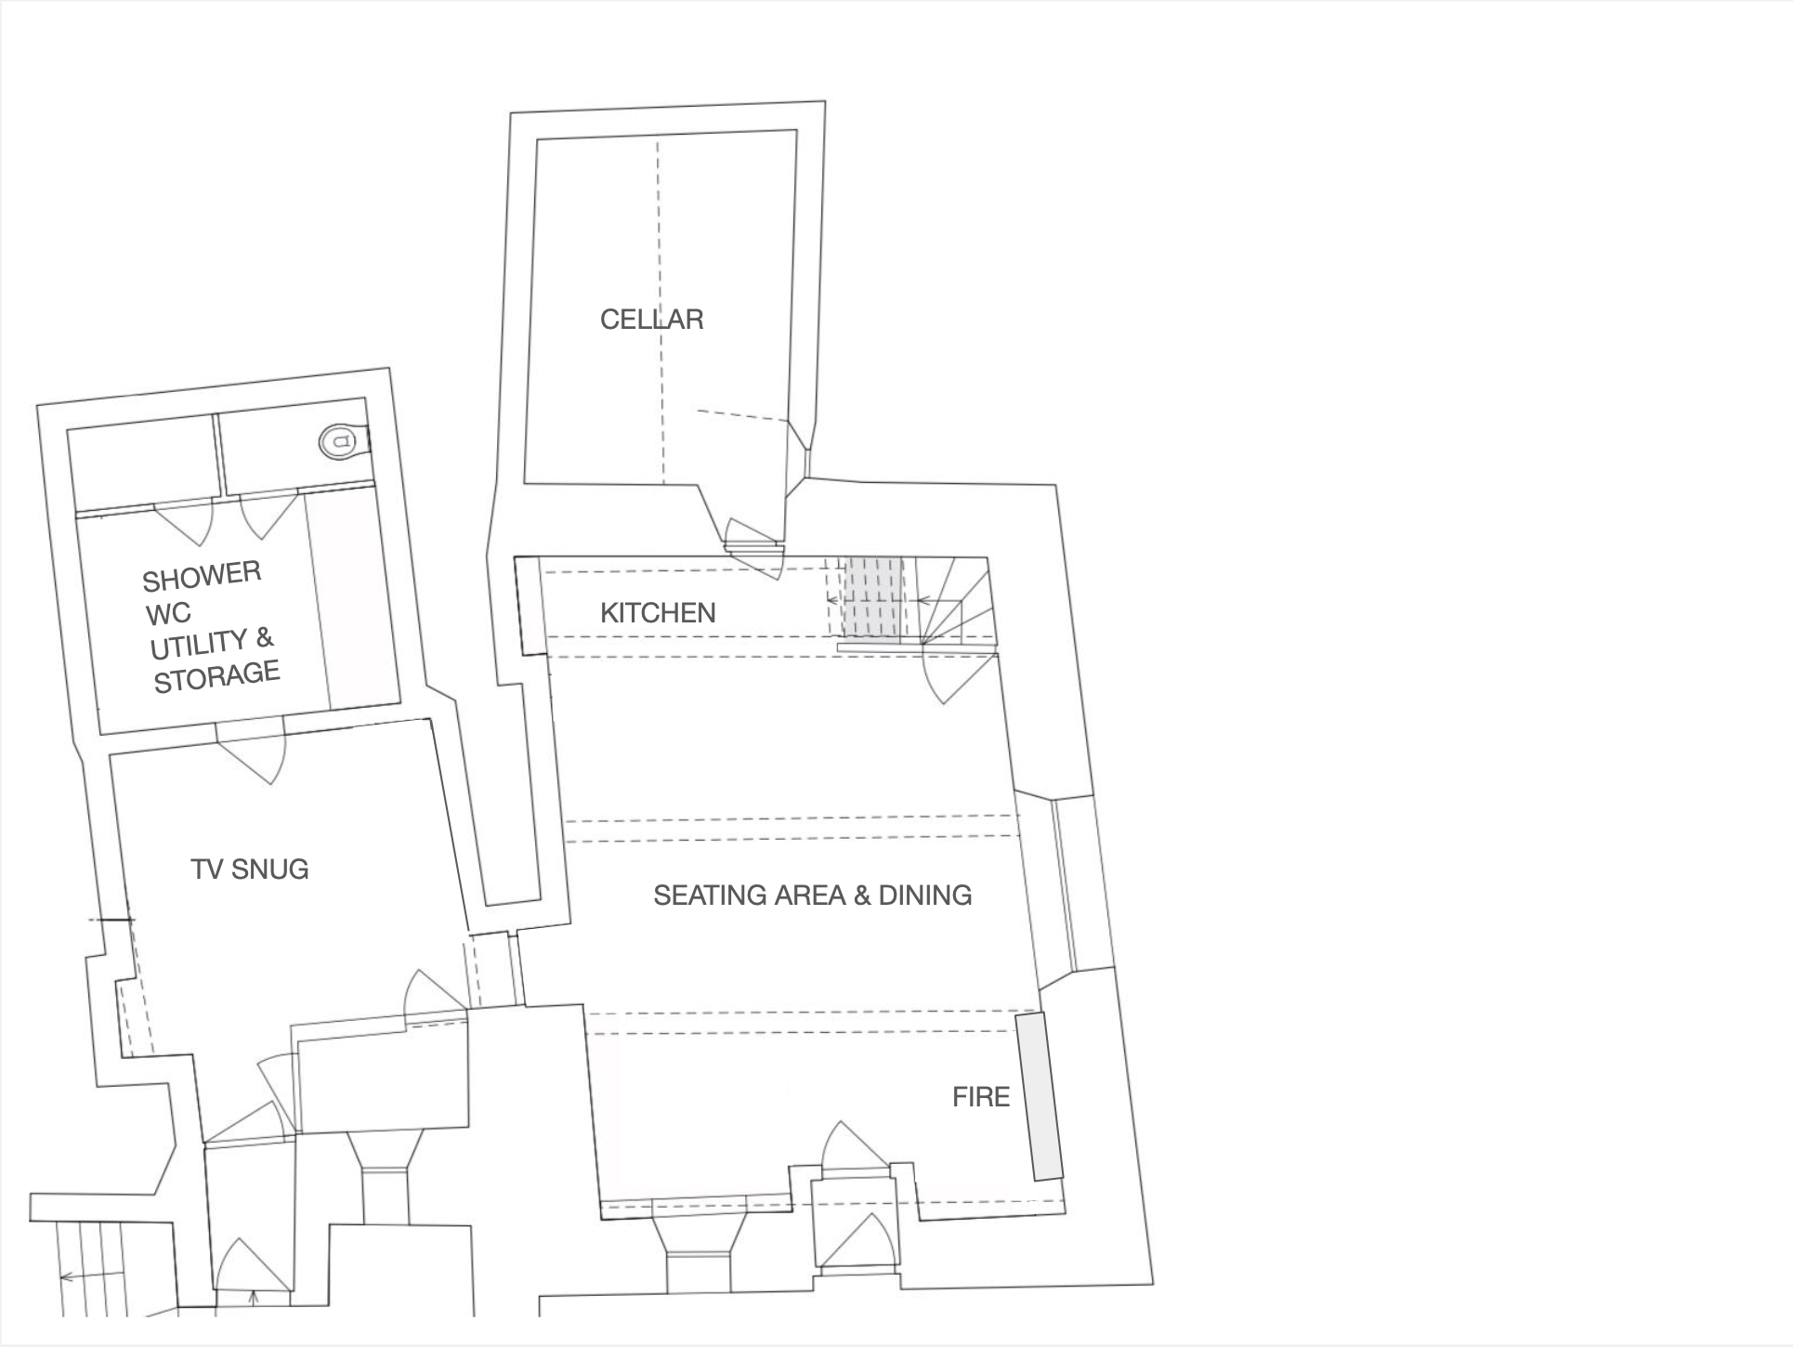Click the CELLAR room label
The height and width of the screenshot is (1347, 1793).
coord(651,320)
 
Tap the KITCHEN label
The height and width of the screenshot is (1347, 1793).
coord(658,613)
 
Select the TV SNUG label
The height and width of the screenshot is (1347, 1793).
coord(249,870)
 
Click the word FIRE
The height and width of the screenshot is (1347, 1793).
coord(980,1097)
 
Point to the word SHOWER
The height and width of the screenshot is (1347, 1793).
coord(202,577)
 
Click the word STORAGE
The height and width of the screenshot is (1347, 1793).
coord(216,676)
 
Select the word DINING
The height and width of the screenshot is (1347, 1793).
coord(924,896)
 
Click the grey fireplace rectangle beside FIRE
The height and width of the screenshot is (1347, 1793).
coord(1039,1097)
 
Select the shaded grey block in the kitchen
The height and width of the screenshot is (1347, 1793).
coord(872,600)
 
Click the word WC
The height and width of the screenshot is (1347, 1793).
coord(168,614)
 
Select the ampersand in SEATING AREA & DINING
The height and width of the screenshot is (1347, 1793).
coord(861,896)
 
